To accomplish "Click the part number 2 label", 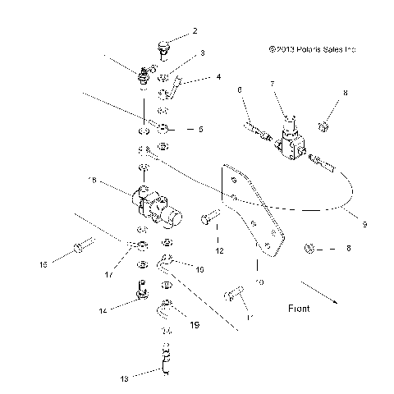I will pos(195,32).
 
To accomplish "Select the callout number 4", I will pos(218,77).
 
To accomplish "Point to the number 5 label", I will pos(202,129).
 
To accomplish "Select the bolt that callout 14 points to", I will pos(143,288).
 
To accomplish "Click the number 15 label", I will pos(44,264).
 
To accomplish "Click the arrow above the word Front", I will pos(317,291).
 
